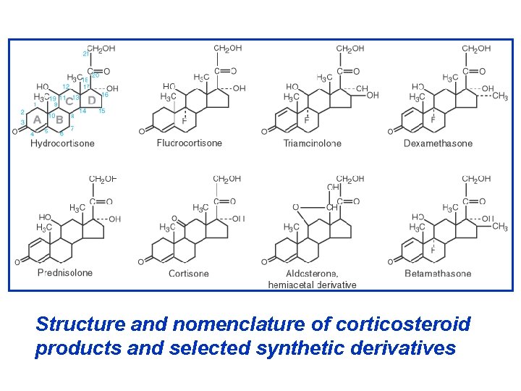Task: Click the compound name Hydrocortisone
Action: [x=62, y=143]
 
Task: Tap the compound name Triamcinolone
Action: [x=312, y=143]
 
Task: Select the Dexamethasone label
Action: [x=438, y=143]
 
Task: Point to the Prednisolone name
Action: [x=65, y=273]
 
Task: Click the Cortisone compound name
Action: [x=189, y=274]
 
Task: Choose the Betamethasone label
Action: [x=438, y=274]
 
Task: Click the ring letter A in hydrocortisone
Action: [x=36, y=120]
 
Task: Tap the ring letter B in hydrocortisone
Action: [x=60, y=119]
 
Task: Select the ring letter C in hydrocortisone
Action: [x=70, y=101]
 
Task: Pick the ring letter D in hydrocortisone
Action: [x=92, y=101]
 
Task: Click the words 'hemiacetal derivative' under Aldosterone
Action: [x=312, y=285]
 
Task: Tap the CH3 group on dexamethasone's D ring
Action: [x=500, y=97]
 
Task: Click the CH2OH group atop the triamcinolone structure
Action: [x=350, y=49]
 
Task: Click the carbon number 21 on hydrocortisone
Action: [x=85, y=53]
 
